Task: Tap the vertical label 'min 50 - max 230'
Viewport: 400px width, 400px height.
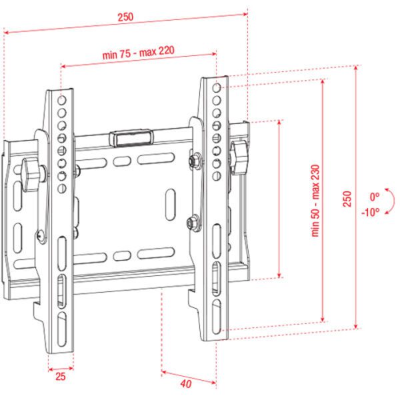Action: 315,200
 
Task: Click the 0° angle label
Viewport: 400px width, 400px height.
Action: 375,197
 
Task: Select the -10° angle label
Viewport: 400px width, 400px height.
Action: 371,211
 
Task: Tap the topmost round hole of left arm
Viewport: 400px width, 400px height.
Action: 61,100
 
